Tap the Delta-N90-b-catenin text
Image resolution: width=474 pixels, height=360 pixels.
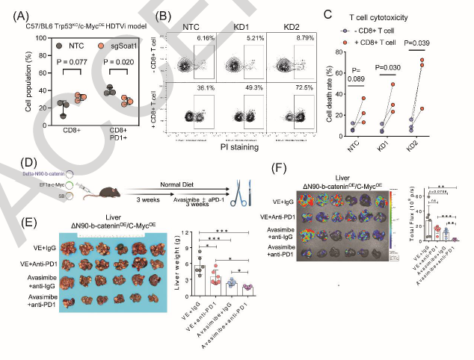point(27,173)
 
